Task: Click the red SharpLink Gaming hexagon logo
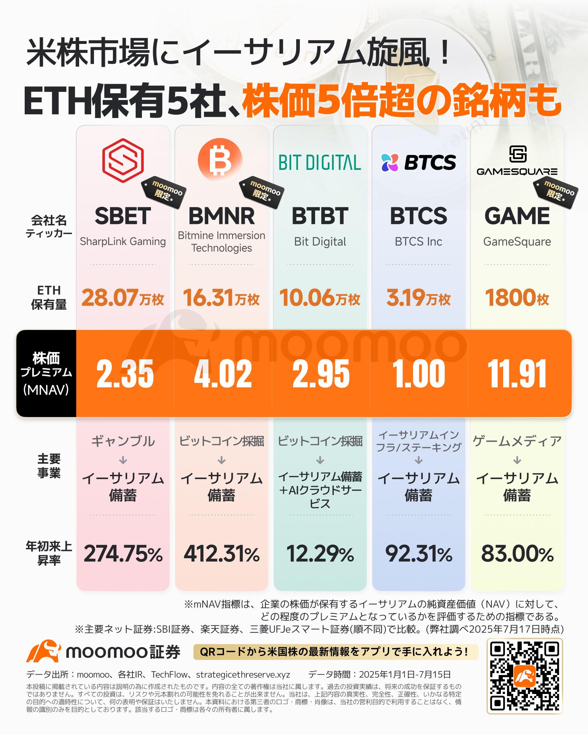[123, 160]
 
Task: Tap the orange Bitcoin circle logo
[220, 160]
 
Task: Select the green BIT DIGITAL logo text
[320, 163]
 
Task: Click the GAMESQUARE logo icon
[518, 154]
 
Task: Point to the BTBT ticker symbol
[320, 216]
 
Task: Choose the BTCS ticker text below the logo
[418, 216]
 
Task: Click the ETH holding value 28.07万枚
[123, 298]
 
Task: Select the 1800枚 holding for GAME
[517, 298]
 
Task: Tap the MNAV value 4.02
[223, 373]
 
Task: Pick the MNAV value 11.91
[517, 373]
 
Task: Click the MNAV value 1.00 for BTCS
[418, 373]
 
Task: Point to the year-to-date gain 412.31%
[221, 554]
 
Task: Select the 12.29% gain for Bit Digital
[320, 554]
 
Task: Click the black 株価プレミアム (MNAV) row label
[46, 373]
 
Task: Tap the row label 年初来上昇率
[49, 554]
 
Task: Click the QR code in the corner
[524, 676]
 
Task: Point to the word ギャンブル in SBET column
[123, 441]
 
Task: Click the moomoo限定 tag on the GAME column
[556, 192]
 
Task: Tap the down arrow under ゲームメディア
[517, 461]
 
